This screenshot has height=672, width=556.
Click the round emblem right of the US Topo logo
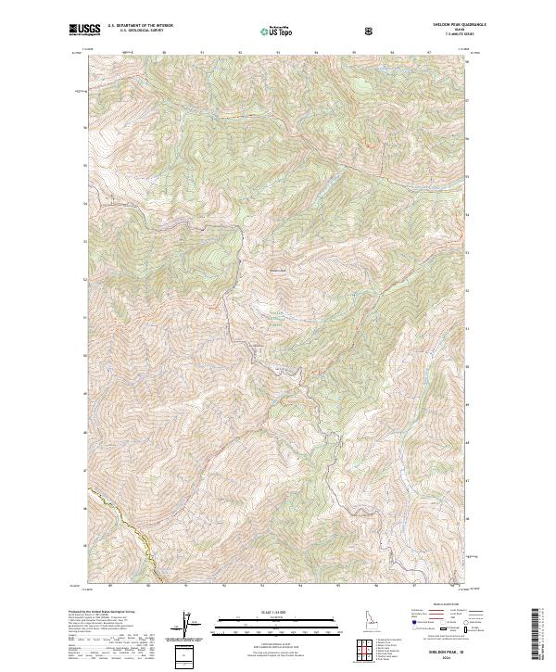pyautogui.click(x=369, y=31)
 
